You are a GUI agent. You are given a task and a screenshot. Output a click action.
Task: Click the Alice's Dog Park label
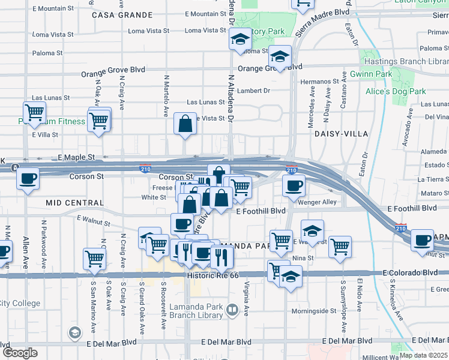396,91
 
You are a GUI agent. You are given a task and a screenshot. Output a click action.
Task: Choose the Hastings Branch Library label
414,61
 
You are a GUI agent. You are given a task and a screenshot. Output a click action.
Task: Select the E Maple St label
76,157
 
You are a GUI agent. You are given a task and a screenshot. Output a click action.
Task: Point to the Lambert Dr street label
254,91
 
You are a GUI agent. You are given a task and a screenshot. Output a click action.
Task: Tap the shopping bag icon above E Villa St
185,124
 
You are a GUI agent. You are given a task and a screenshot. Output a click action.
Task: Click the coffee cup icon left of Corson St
28,178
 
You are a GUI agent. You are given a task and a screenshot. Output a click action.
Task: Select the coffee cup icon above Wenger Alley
294,185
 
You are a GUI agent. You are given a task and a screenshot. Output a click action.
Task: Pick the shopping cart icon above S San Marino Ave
95,259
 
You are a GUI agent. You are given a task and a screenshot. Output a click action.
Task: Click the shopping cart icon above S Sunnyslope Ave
340,245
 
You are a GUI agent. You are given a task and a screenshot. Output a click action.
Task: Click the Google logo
20,353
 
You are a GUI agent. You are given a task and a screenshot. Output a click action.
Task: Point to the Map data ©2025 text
423,355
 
